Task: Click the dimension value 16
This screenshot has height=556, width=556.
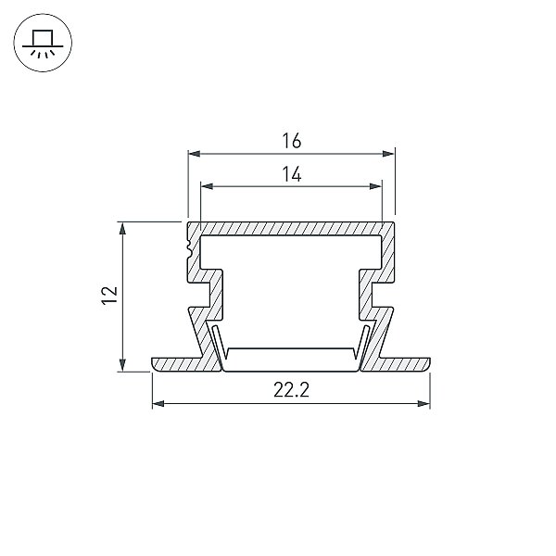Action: coord(292,141)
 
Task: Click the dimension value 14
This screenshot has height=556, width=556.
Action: coord(292,174)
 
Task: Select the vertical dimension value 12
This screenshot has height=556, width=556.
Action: coord(109,296)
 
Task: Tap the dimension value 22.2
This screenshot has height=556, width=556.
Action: coord(292,390)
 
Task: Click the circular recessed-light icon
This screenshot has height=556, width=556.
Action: coord(43,43)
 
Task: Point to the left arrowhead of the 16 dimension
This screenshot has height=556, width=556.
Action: coord(194,154)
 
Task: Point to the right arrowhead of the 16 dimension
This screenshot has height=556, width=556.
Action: coord(388,154)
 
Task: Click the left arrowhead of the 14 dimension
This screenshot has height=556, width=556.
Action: coord(207,186)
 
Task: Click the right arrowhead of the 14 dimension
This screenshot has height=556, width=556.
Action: coord(375,186)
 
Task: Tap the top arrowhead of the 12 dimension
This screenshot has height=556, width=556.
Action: coord(122,228)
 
